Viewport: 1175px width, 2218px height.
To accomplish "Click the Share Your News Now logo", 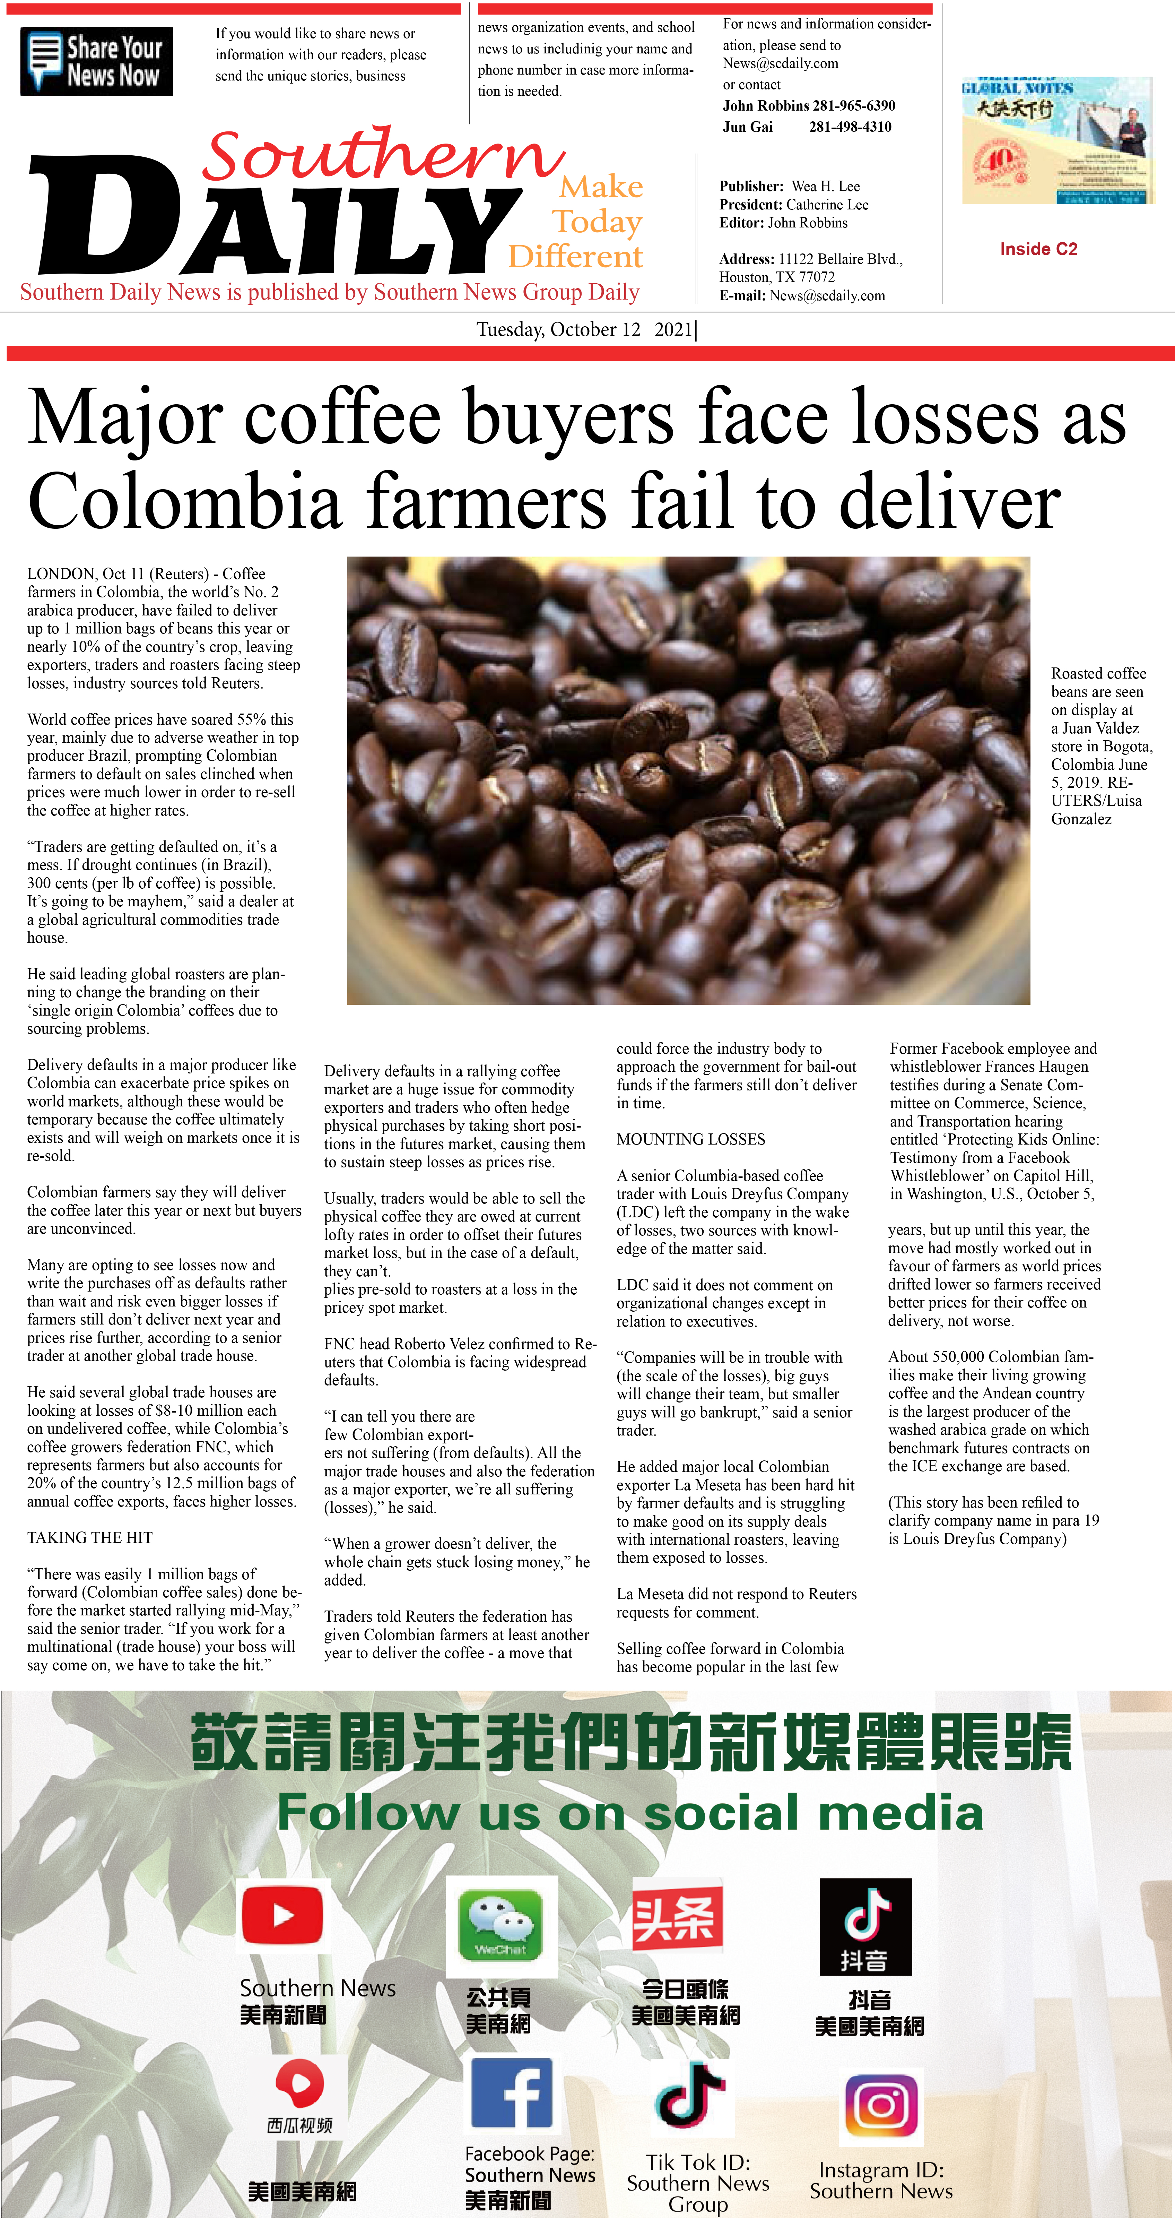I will (96, 61).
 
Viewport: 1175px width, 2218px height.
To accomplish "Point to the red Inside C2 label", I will (1038, 249).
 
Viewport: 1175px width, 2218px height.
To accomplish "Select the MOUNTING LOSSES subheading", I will (690, 1139).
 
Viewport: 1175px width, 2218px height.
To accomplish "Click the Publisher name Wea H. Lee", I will (825, 186).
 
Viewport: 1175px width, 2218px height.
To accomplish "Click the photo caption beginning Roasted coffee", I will (1100, 746).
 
